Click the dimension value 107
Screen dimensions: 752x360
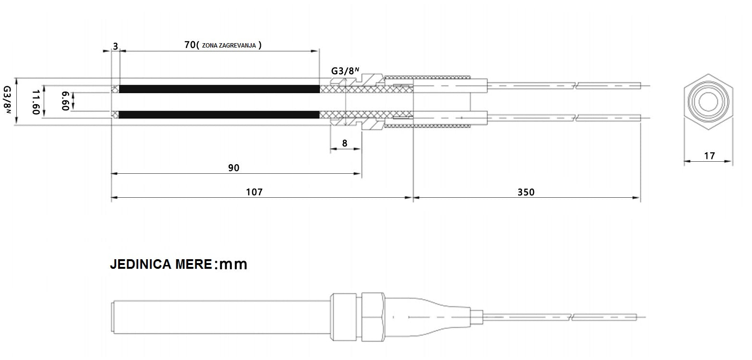tap(254, 192)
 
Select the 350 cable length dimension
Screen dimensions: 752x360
tap(526, 192)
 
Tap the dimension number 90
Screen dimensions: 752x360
tap(234, 168)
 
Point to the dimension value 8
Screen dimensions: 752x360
tap(345, 143)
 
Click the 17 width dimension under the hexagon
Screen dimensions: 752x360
tap(709, 156)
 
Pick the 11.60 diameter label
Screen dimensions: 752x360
tap(36, 102)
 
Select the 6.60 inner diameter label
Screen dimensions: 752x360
tap(65, 101)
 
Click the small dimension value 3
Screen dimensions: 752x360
tap(115, 46)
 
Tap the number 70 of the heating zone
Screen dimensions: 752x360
tap(190, 45)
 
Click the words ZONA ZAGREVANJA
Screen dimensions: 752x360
tap(229, 46)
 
